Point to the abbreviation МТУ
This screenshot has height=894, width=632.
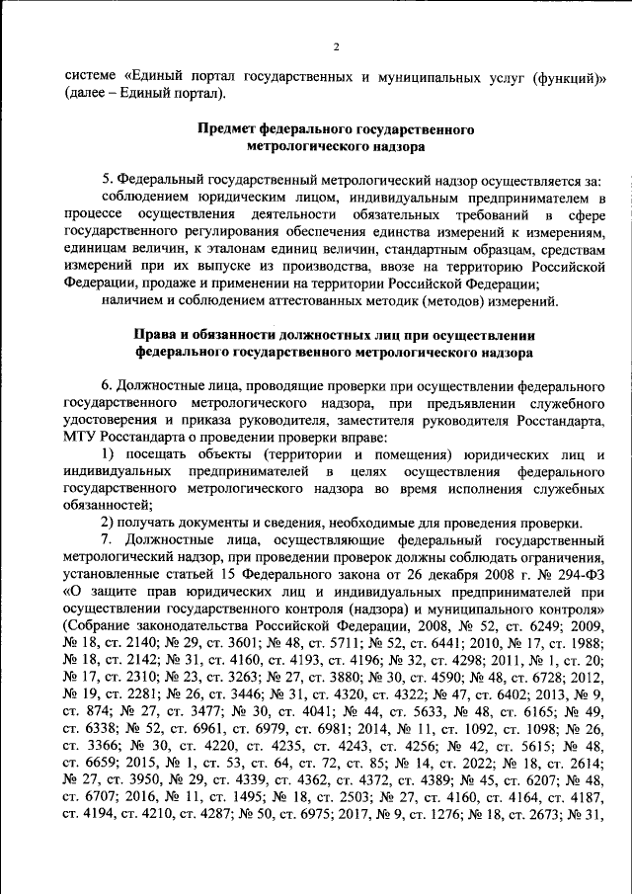[x=79, y=437]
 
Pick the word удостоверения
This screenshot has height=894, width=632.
[x=111, y=420]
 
